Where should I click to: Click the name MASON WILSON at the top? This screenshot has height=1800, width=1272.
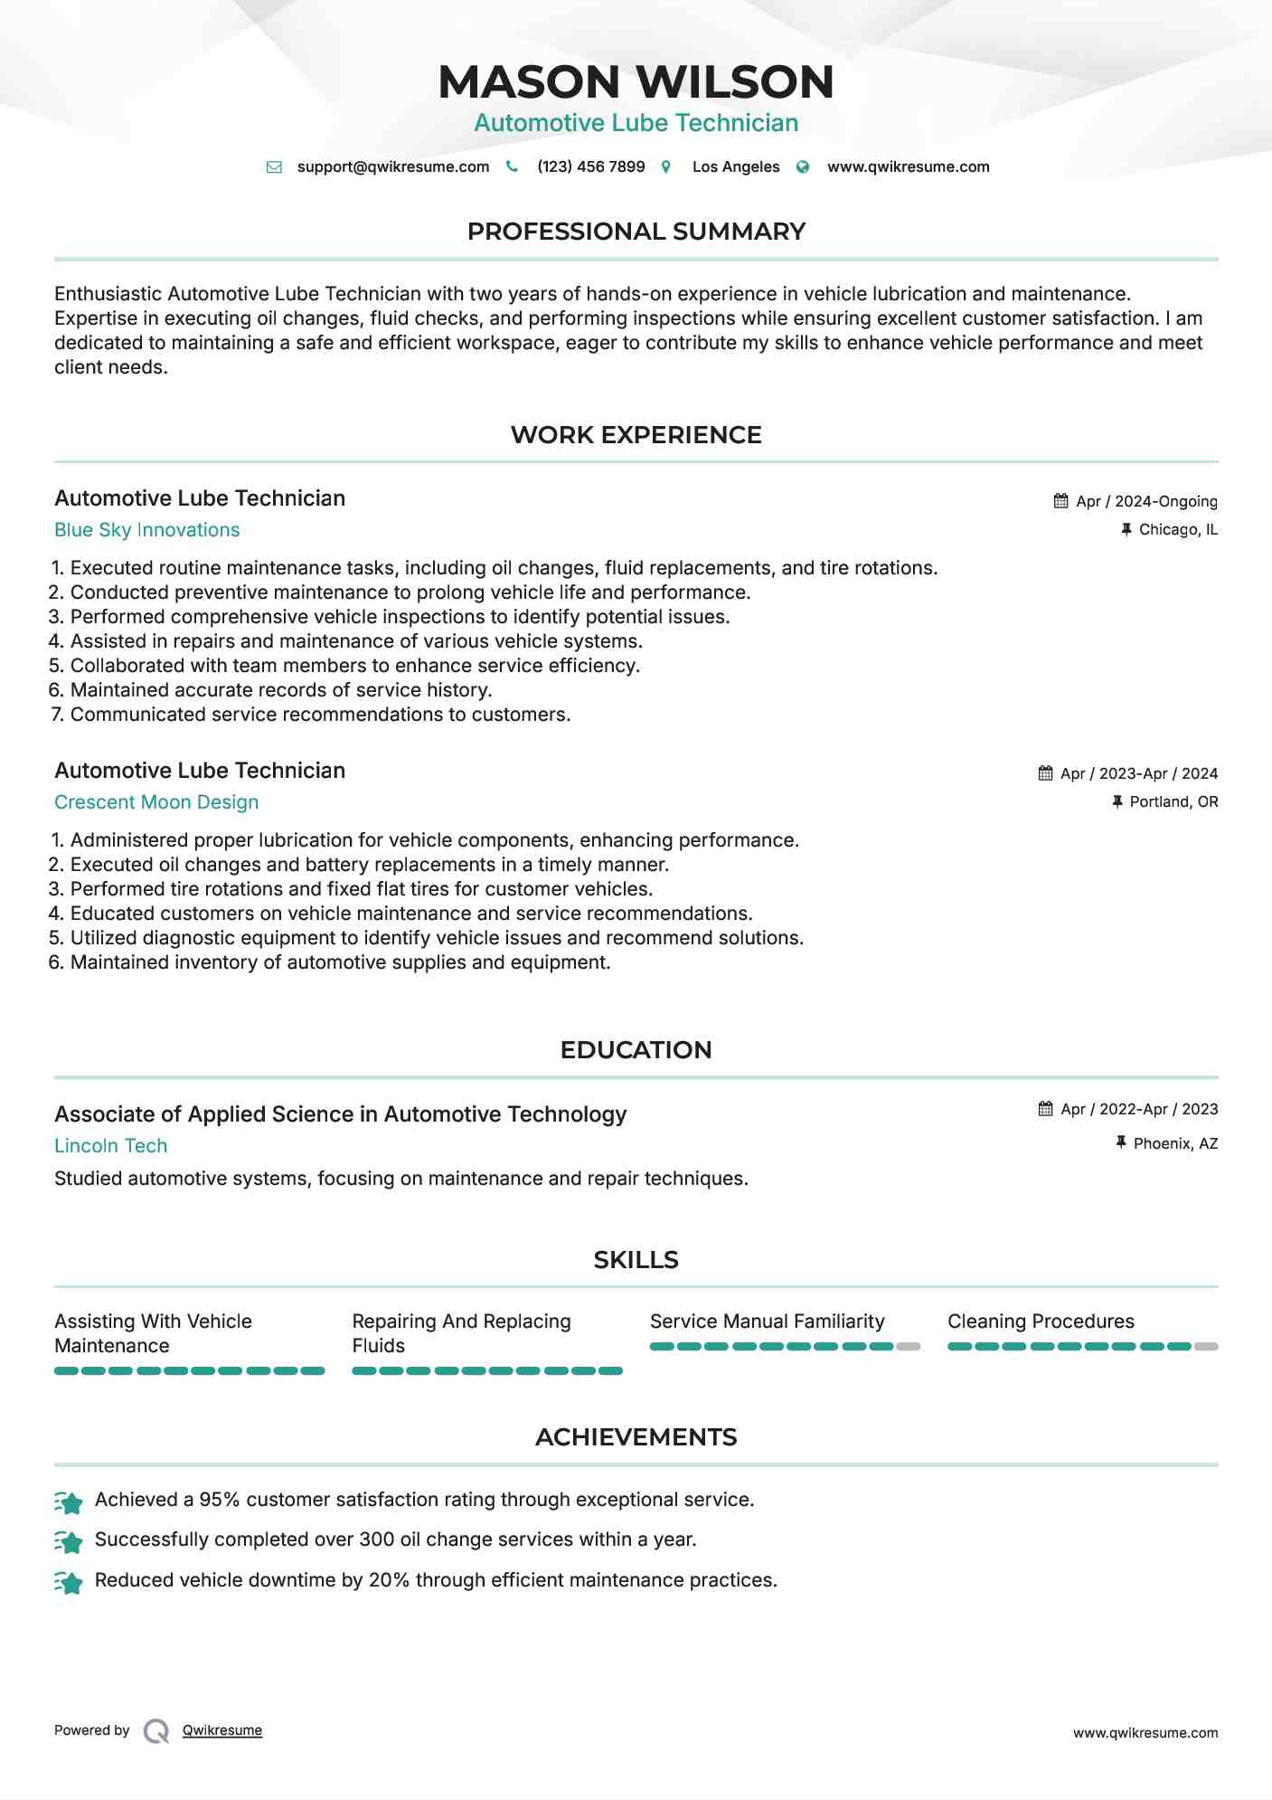636,81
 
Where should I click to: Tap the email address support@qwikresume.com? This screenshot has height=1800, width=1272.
392,167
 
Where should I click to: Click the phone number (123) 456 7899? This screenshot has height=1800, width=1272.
590,167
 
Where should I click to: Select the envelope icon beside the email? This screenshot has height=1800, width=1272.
274,167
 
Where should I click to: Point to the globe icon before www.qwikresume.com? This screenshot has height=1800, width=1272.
803,167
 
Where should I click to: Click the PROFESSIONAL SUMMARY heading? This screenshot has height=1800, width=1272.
636,232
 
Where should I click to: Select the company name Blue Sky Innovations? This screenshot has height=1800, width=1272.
146,530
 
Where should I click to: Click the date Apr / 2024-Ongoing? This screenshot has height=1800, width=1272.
1145,502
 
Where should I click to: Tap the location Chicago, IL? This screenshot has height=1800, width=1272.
1177,530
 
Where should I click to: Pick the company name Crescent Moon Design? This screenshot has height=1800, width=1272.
156,802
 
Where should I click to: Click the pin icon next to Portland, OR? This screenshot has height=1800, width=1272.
1117,801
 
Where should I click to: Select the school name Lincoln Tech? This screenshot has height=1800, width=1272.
110,1146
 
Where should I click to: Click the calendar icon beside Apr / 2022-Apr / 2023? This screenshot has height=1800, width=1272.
1045,1109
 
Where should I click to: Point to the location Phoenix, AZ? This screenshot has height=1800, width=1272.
1174,1144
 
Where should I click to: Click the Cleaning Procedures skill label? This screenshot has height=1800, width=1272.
1041,1322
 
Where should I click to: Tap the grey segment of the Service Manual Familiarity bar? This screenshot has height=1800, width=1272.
909,1347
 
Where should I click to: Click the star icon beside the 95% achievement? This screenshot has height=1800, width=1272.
69,1502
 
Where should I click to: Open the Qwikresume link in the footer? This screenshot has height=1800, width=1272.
221,1730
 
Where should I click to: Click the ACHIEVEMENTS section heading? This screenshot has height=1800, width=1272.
636,1437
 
